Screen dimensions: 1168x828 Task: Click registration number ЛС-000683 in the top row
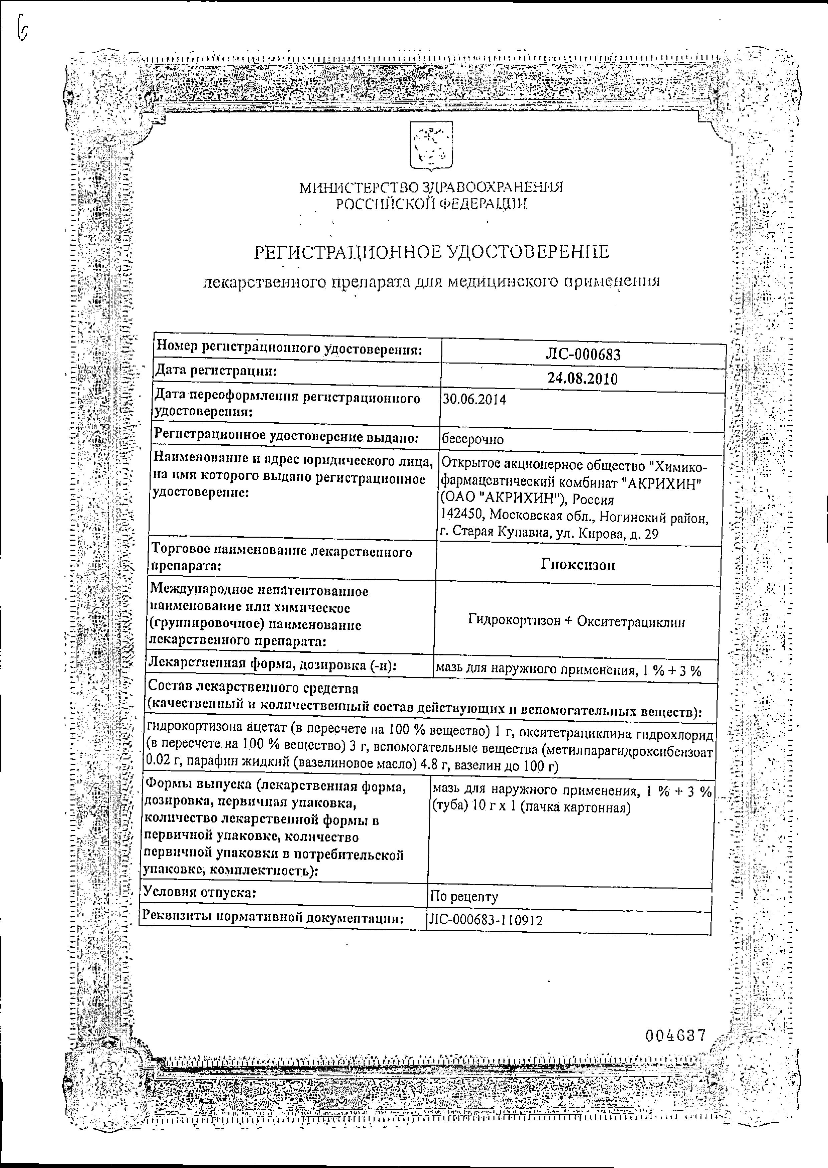[x=583, y=355]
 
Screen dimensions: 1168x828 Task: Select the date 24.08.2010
[x=582, y=379]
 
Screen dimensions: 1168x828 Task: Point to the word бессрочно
[x=473, y=439]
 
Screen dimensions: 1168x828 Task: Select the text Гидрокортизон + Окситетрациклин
[x=576, y=622]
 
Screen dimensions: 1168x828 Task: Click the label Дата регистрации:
[x=216, y=371]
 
